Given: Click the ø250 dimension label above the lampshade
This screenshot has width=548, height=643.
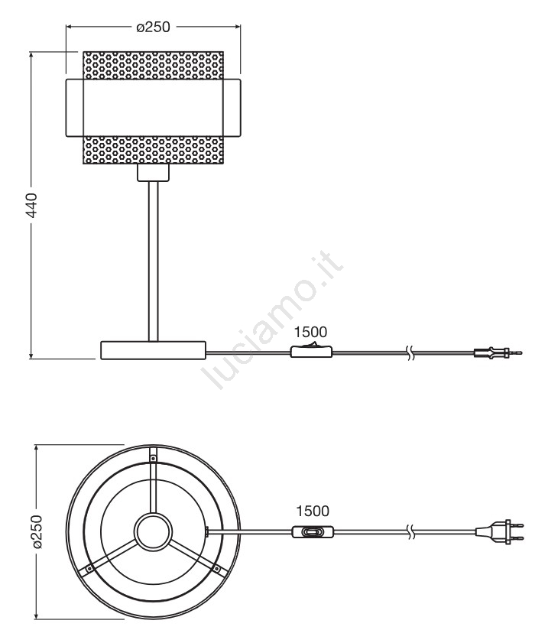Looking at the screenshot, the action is coord(153,27).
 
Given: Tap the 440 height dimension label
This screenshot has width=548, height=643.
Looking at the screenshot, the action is coord(31,205).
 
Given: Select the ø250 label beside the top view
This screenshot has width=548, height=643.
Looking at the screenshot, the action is coord(37,531).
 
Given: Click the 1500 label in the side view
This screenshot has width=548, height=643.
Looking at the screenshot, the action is coord(310,332).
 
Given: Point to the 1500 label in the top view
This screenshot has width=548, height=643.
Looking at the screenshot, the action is coord(313,511).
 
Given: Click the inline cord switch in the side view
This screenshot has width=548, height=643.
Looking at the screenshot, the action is coord(312,351).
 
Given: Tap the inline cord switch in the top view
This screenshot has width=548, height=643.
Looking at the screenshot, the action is coord(313,532).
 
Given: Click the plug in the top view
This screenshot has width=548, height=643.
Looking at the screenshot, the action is coord(500,532).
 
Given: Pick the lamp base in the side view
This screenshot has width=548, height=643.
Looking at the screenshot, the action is coord(154,350).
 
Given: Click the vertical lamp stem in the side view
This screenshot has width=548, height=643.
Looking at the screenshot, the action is coord(154,261).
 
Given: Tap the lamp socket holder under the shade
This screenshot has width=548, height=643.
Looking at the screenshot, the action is coord(154,172).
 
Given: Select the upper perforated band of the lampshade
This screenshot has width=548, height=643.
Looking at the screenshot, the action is coord(154,65).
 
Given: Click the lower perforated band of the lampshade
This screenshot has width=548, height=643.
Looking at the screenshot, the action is coord(154,150).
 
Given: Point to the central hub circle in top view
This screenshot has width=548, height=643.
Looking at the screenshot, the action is coord(154,532).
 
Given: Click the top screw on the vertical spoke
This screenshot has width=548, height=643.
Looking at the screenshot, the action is coord(154,458).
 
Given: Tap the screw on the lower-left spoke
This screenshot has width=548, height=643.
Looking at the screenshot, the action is coord(89,569).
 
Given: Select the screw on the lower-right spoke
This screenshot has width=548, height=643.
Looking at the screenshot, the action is coord(217,569).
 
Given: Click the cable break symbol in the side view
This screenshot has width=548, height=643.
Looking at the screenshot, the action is coord(410,352).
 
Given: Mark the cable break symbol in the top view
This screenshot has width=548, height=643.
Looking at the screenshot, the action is coord(410,532).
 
